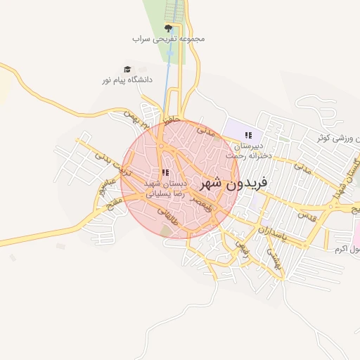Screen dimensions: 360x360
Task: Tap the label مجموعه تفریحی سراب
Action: [169, 39]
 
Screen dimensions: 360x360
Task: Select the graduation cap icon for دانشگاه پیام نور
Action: [127, 69]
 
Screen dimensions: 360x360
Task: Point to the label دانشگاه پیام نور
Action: [127, 80]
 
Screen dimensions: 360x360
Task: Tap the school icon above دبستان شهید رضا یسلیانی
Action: [165, 172]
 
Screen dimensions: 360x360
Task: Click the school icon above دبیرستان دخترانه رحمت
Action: [247, 134]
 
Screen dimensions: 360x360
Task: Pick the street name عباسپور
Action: [103, 189]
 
